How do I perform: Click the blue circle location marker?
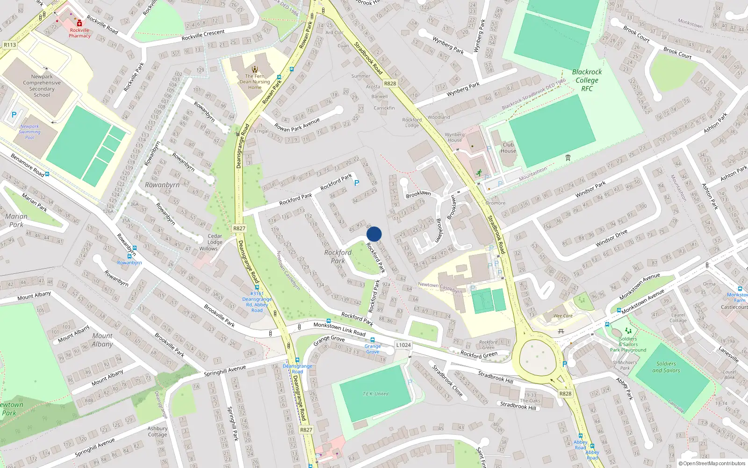coord(374,234)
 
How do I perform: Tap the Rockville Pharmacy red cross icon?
coord(79,23)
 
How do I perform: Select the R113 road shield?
coord(10,45)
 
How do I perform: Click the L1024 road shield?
coord(403,345)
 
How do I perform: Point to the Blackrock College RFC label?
coord(587,80)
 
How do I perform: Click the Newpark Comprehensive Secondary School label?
coord(42,86)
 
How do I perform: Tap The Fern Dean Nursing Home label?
coord(255,81)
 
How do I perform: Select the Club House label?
coord(508,147)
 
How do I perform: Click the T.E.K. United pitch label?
coord(375,394)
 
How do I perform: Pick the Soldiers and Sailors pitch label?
coord(666,367)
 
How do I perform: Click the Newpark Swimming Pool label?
coord(29,132)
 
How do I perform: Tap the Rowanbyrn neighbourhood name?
coord(162,185)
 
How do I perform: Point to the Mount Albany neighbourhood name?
coord(102,340)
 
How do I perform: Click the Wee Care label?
coord(563,316)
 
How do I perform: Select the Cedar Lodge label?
coord(215,239)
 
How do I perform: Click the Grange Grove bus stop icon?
coord(373,340)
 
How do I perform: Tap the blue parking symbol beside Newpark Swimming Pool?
coord(14,115)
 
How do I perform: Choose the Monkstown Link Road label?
coord(339,329)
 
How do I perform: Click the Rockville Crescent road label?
coord(203,35)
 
